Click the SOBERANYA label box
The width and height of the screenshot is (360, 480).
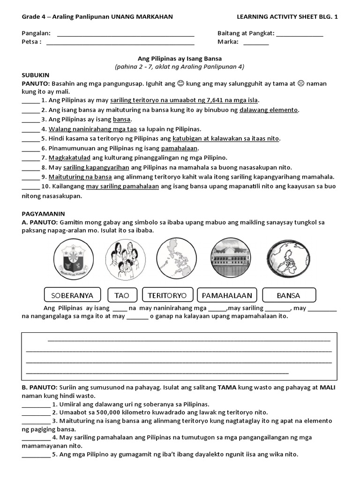pyautogui.click(x=72, y=295)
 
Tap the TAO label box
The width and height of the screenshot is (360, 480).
pyautogui.click(x=121, y=295)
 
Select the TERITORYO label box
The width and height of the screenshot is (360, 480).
pyautogui.click(x=167, y=295)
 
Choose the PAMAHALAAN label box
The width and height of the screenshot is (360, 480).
pyautogui.click(x=227, y=295)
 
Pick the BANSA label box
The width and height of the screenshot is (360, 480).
pyautogui.click(x=289, y=295)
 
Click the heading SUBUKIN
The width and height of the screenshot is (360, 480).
pyautogui.click(x=36, y=75)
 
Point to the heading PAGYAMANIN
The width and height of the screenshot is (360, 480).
pyautogui.click(x=43, y=213)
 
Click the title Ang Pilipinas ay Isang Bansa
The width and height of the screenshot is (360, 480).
pyautogui.click(x=180, y=59)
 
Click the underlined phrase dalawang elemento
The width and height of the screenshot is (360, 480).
pyautogui.click(x=268, y=110)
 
